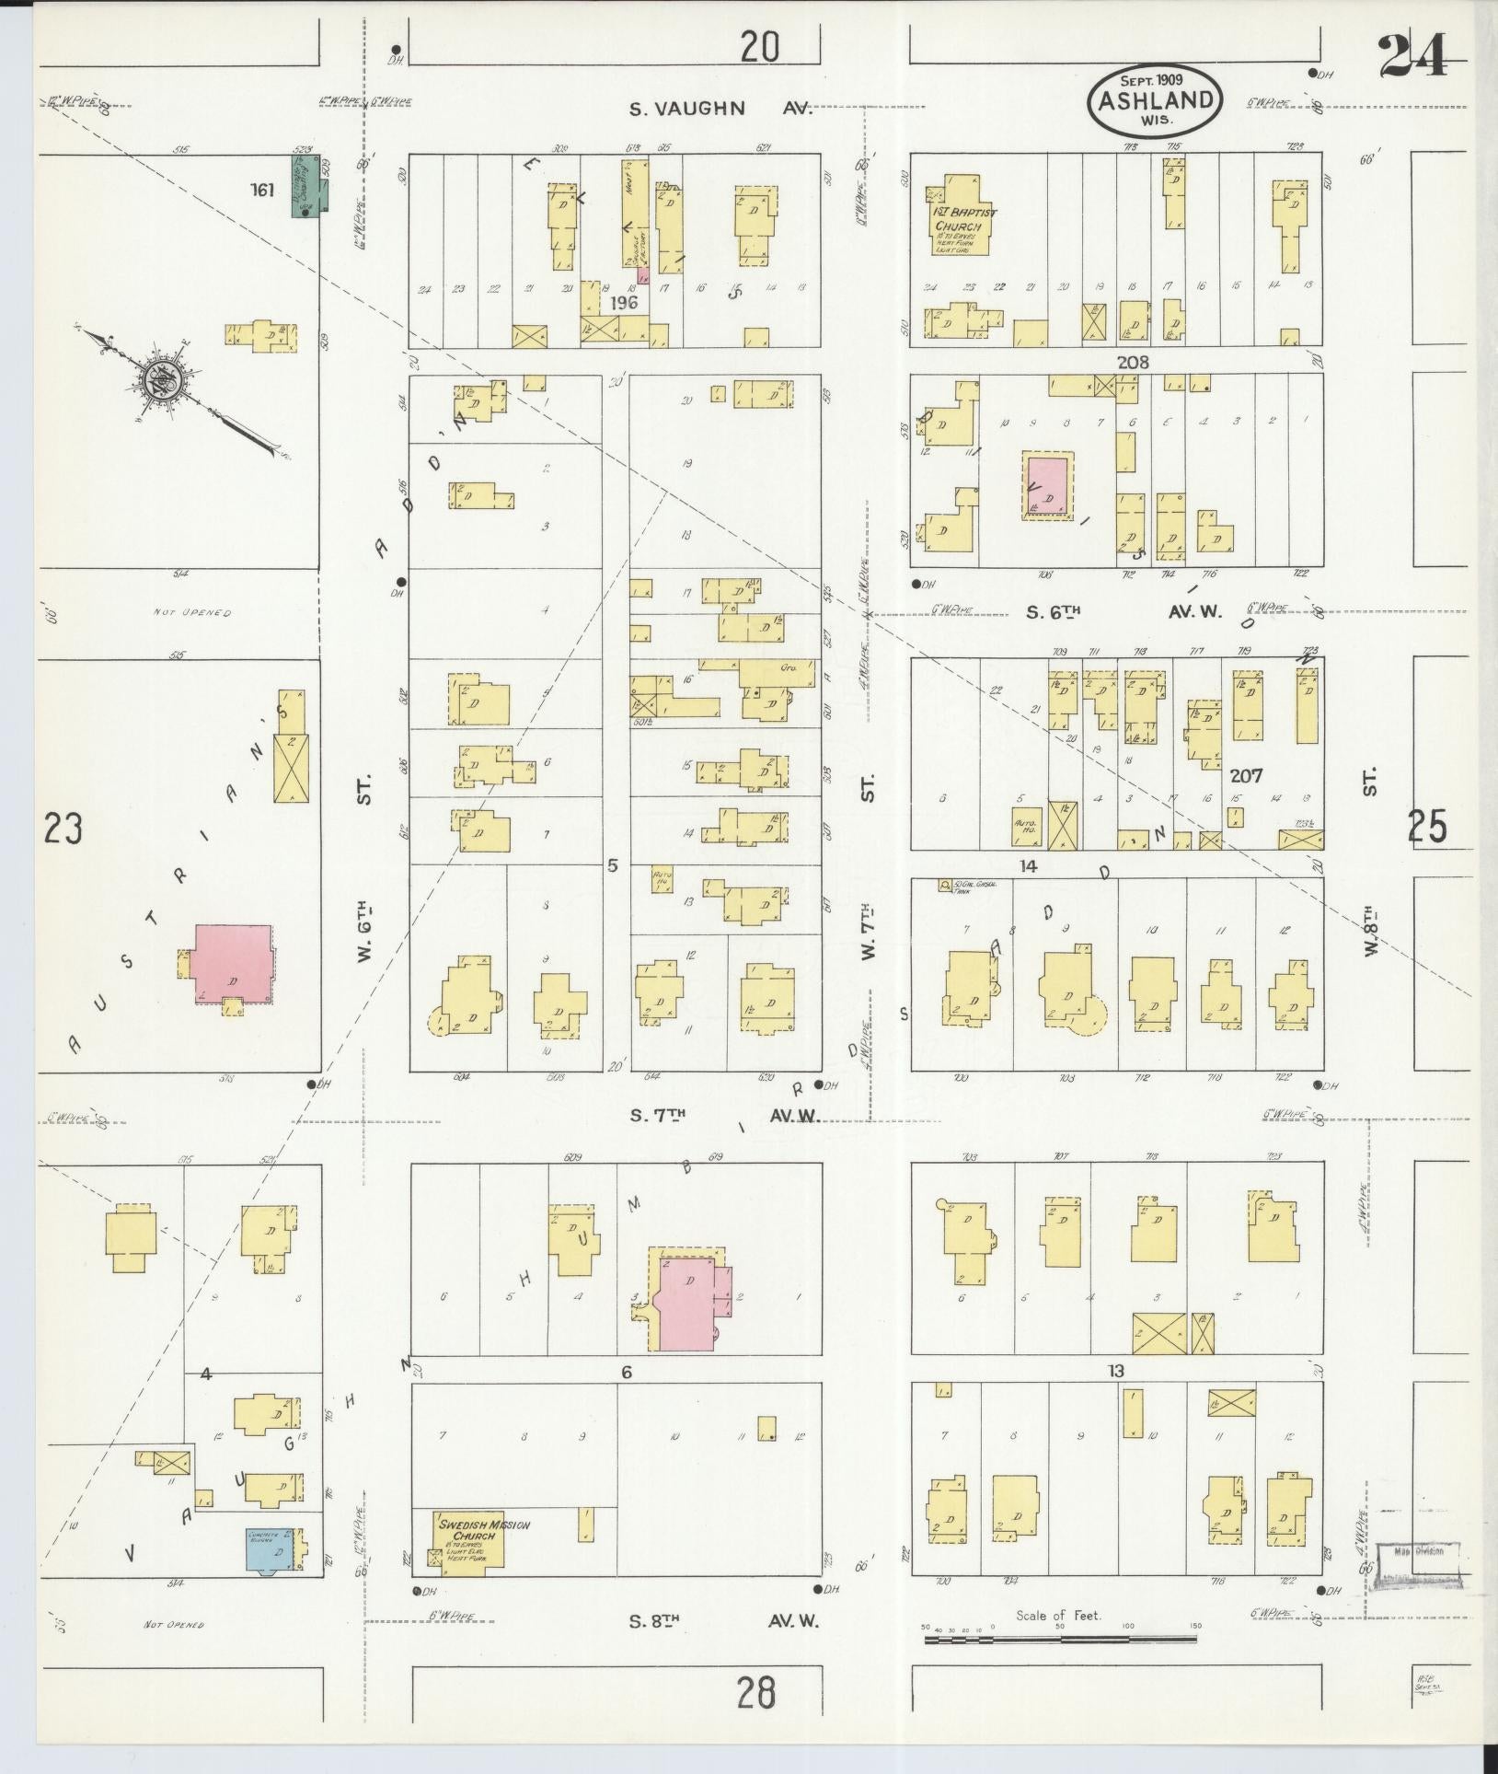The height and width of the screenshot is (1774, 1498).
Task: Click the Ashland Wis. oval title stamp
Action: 1157,95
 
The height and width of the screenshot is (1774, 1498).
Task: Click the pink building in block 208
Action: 1047,484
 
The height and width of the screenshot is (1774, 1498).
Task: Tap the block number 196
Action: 623,303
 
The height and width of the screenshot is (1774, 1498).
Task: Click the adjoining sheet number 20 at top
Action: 760,46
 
